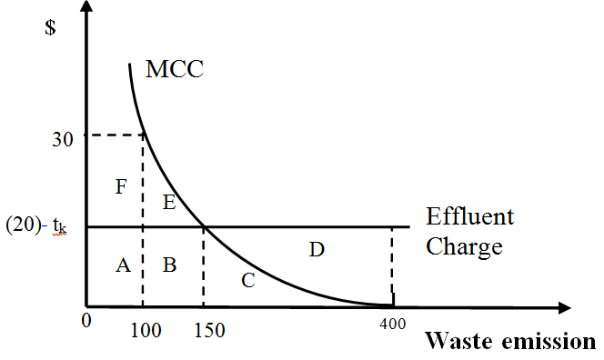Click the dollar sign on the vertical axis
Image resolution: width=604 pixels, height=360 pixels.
(x=50, y=26)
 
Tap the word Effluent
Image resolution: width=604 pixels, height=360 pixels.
(x=470, y=216)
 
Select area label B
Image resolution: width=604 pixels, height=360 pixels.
(x=169, y=265)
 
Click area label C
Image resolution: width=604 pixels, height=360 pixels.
(x=247, y=280)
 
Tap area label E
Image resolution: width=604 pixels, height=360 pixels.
(x=169, y=202)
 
